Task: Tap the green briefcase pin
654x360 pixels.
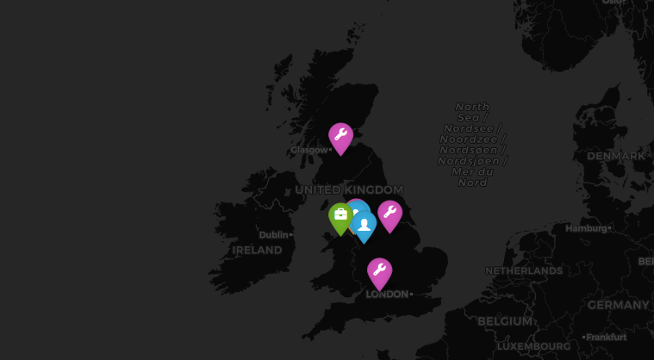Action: (x=340, y=217)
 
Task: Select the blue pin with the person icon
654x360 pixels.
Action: (x=364, y=226)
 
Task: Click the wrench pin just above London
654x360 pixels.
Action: (x=379, y=273)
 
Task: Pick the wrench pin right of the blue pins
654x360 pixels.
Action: (x=389, y=215)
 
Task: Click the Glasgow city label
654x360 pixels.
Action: (x=309, y=150)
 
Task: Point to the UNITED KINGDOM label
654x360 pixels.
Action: (x=349, y=189)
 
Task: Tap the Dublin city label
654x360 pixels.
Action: (x=274, y=234)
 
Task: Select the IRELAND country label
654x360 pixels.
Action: (x=257, y=250)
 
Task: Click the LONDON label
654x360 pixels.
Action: (x=387, y=295)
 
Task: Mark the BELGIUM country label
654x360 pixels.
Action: (x=505, y=320)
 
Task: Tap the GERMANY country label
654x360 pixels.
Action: (x=618, y=305)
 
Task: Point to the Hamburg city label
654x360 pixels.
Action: (x=586, y=228)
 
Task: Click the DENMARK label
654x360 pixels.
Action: (x=615, y=156)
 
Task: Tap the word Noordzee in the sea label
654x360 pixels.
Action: (x=472, y=139)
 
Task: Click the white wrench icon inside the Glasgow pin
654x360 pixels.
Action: (x=340, y=134)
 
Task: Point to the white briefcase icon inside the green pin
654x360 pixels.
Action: (x=340, y=214)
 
